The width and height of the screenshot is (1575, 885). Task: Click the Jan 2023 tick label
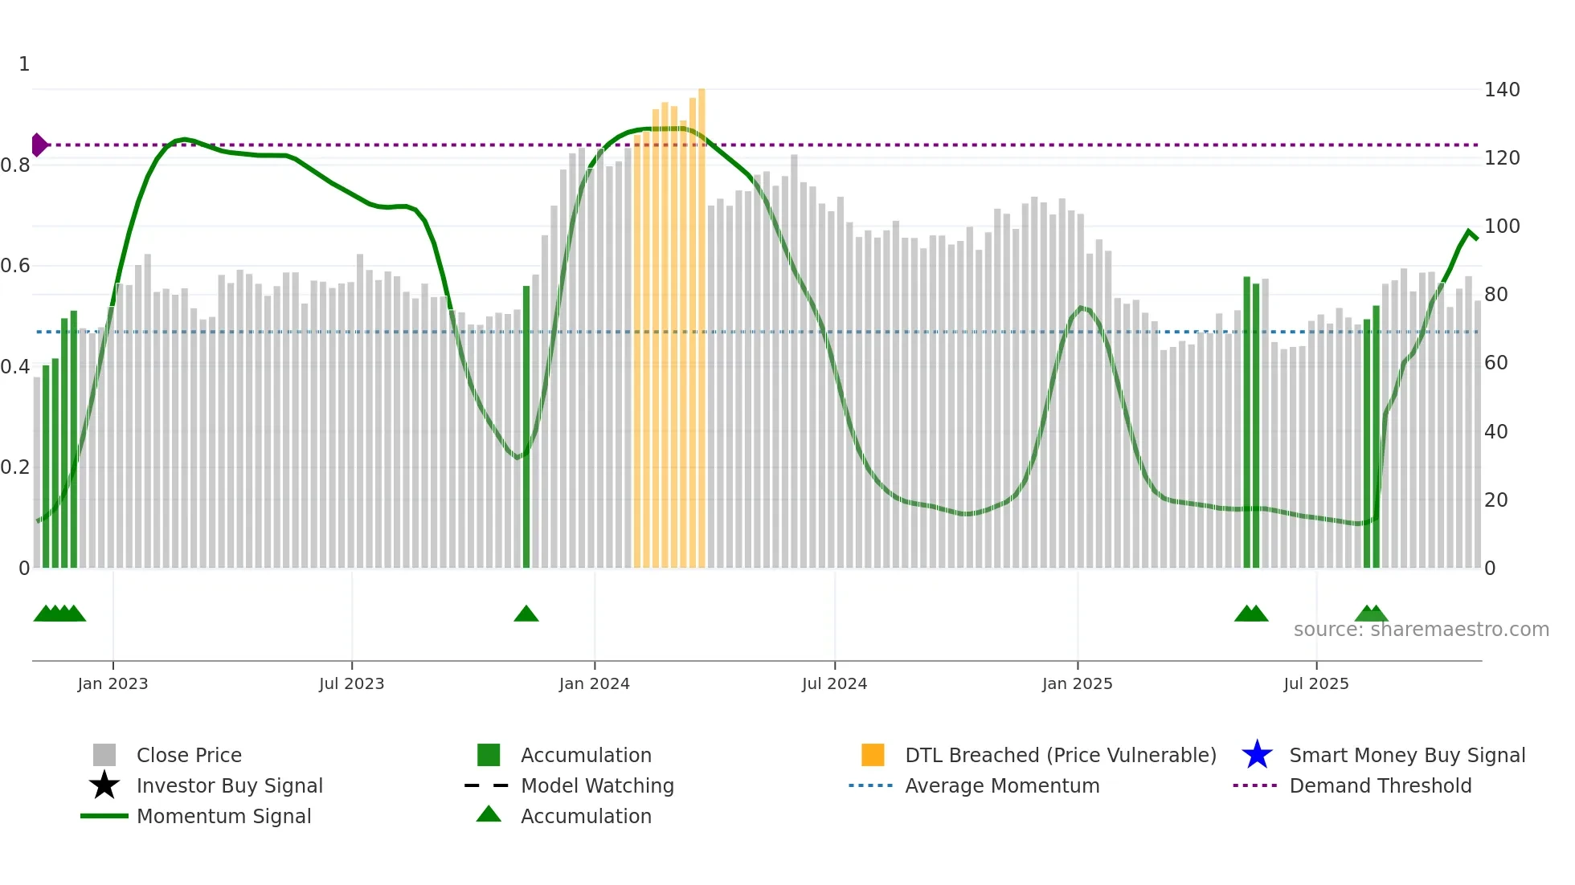(112, 683)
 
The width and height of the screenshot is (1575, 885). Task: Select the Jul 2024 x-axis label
(834, 683)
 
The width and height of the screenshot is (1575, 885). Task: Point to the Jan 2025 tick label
(1077, 683)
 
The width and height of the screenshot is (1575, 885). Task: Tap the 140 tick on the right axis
(1501, 90)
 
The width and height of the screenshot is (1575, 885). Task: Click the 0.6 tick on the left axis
(15, 266)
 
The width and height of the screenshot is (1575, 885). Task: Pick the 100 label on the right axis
(1501, 226)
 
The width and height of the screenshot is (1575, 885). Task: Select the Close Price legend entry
(189, 755)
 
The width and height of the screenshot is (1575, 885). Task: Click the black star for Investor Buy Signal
(104, 785)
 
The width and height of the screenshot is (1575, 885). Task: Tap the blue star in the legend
(1257, 755)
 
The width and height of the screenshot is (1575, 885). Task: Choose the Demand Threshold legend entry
(1380, 785)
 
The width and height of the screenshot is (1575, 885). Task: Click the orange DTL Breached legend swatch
(873, 755)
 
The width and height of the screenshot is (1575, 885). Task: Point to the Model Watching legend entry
(597, 785)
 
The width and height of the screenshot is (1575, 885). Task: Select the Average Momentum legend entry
(1001, 785)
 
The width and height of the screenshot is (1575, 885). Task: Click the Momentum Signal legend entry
(223, 816)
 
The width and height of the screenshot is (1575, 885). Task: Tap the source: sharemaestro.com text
(1421, 630)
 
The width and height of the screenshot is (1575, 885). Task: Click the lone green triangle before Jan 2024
(526, 614)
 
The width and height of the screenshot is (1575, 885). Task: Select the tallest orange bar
(702, 321)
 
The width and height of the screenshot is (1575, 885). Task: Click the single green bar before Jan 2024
(526, 426)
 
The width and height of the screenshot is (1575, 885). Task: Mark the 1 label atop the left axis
(24, 64)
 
